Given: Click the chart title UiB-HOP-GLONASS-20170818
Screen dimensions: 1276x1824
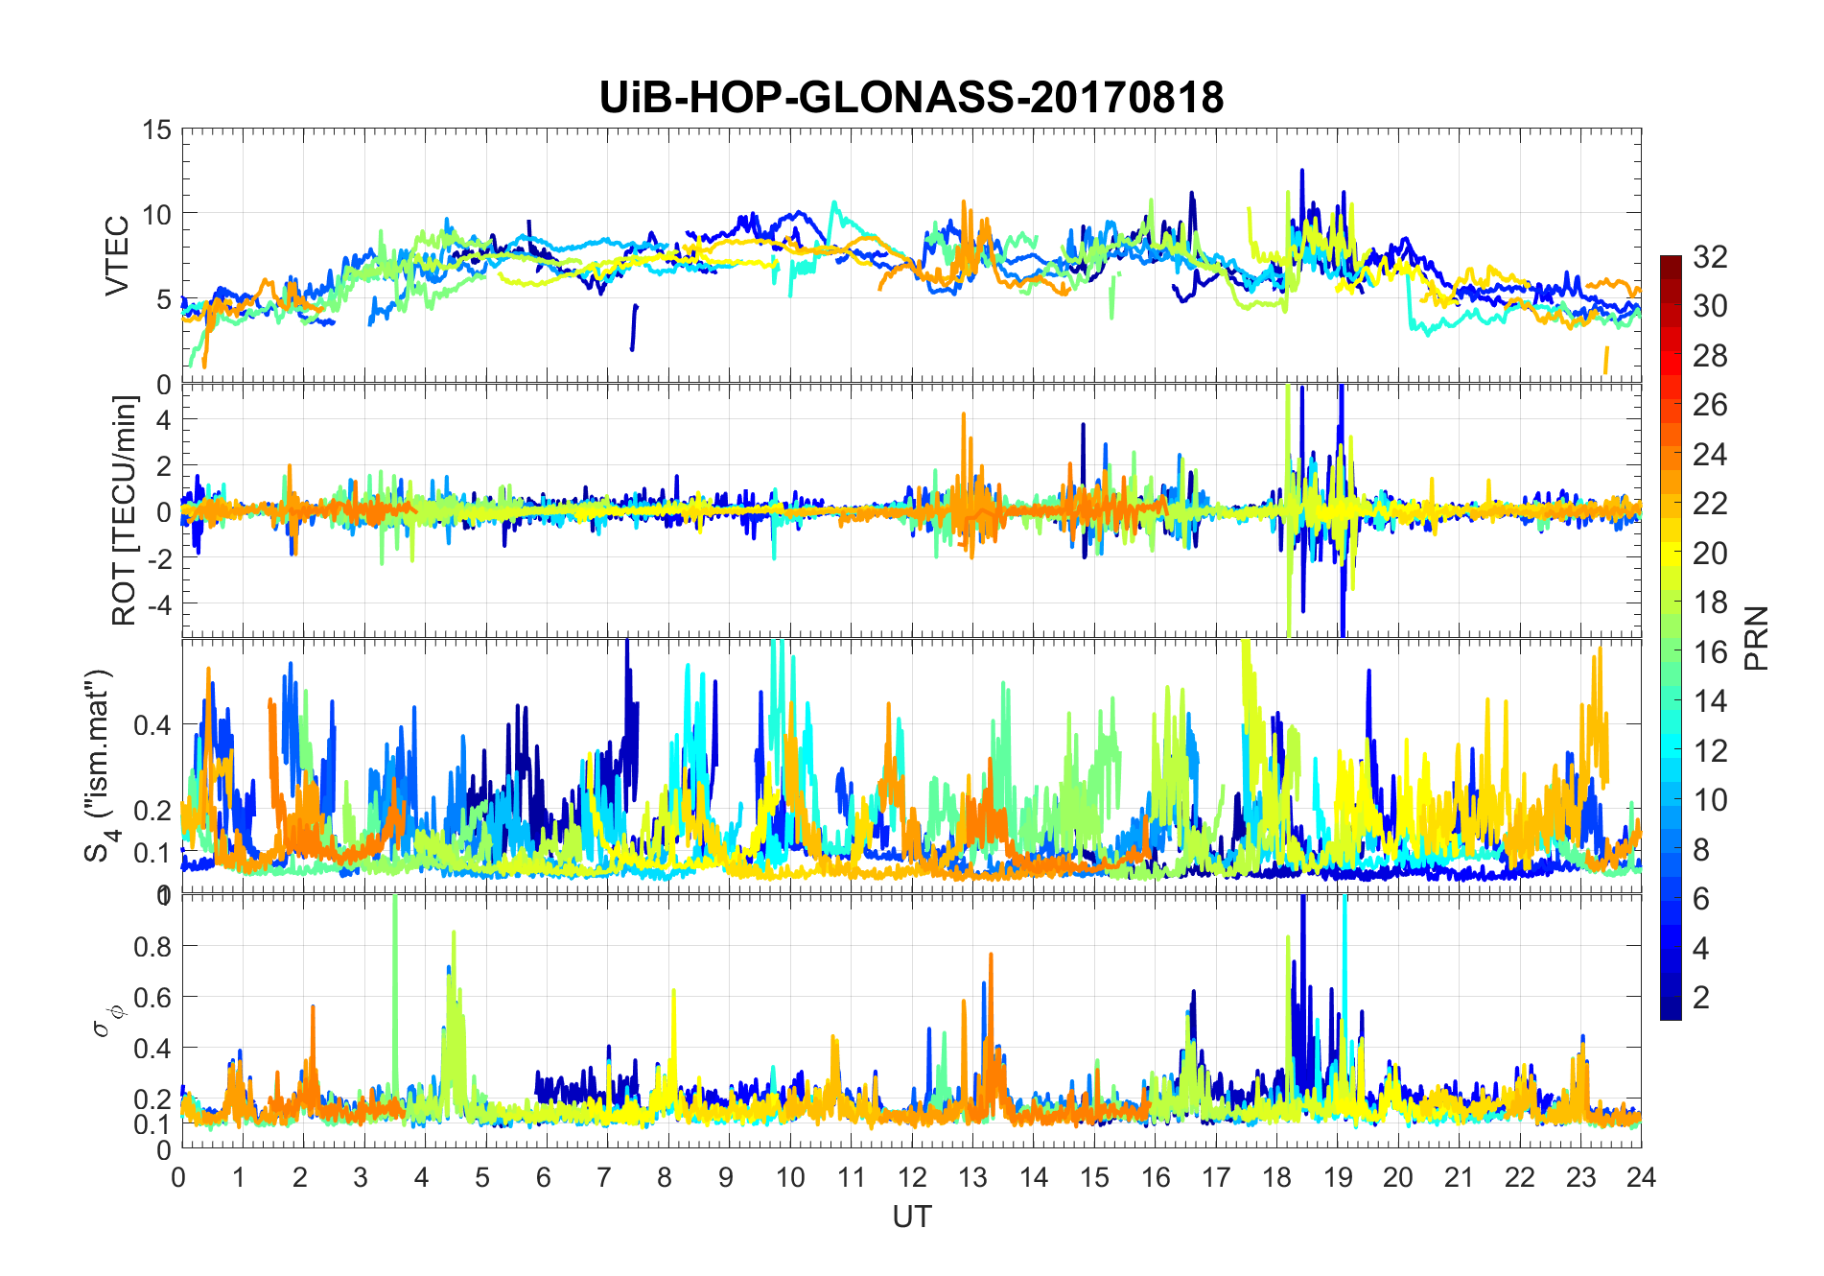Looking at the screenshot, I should click(x=911, y=98).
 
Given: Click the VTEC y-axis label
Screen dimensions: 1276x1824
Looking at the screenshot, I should click(x=117, y=256).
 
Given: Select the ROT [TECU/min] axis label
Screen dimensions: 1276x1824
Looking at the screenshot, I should click(x=125, y=510).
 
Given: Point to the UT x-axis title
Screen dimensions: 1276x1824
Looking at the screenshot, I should click(x=911, y=1217).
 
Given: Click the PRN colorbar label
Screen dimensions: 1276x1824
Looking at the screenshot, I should click(x=1756, y=638).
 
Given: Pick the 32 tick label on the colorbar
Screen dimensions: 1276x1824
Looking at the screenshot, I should click(x=1710, y=256).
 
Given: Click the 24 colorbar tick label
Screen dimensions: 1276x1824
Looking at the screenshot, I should click(x=1710, y=454).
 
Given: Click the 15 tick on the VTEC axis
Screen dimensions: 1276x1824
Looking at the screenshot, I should click(x=156, y=130).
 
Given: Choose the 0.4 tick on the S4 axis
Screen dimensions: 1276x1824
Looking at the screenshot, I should click(x=152, y=724).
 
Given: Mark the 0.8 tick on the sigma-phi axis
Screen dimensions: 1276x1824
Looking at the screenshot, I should click(x=152, y=946).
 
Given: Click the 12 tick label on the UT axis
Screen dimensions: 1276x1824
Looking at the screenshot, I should click(x=912, y=1177).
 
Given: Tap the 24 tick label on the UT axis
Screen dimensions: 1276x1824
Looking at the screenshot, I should click(x=1641, y=1177).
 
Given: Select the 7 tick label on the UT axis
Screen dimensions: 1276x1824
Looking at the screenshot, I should click(x=604, y=1177).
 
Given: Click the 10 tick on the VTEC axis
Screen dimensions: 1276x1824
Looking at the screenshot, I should click(x=156, y=214).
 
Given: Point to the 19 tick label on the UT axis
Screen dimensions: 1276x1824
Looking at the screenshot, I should click(x=1338, y=1177).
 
